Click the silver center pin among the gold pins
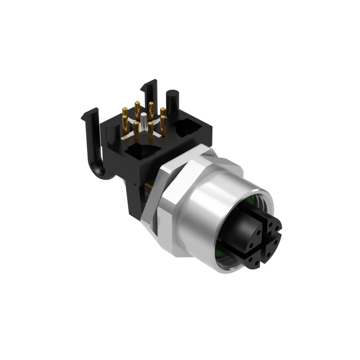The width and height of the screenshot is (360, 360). [143, 120]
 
